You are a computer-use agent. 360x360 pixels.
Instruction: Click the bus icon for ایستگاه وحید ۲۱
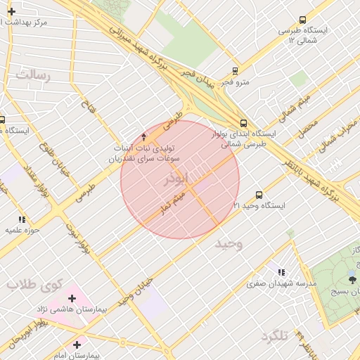coord(259,195)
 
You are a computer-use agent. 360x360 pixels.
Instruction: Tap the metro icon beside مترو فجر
coord(234,70)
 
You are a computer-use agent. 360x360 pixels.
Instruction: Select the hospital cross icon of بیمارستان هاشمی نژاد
coord(72,298)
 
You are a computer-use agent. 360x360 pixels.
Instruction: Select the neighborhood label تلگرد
coord(275,336)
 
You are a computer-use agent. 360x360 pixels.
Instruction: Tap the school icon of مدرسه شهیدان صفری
coord(282,272)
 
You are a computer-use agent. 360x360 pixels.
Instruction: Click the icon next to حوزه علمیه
coord(22,219)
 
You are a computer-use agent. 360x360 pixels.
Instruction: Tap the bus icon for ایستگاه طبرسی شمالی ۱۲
coord(302,20)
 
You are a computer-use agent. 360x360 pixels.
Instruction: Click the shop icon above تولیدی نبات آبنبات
coord(144,136)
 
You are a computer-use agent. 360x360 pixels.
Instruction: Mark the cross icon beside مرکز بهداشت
coord(11,11)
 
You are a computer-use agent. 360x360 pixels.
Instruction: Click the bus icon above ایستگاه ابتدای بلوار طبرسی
coord(243,122)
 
